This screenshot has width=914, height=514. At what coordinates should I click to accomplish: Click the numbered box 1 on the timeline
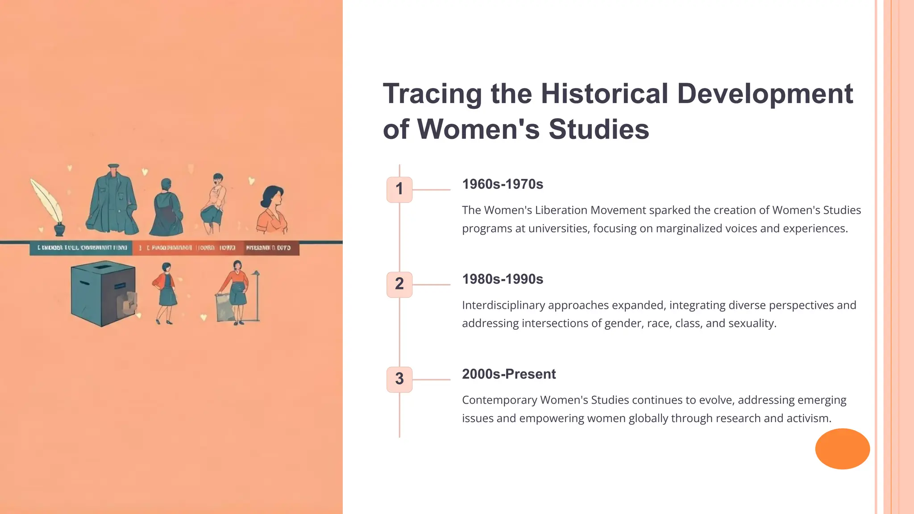coord(399,190)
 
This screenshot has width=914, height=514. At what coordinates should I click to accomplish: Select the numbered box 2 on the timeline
coord(399,284)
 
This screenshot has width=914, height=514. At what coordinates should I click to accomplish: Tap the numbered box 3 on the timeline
coord(399,379)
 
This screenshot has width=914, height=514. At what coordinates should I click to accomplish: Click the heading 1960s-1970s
coord(503,184)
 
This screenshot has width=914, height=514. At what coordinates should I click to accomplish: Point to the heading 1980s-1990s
coord(503,279)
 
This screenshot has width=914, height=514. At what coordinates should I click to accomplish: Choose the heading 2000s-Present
coord(509,374)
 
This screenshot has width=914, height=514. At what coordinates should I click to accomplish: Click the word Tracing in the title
coord(432,94)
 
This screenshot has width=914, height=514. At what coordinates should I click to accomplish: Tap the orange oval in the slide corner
coord(842,448)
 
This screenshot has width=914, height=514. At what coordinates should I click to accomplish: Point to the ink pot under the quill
coord(59,229)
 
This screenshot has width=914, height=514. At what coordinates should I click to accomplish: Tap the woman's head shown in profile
coord(273,197)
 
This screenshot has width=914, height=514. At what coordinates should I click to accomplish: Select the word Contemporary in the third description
coord(499,400)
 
